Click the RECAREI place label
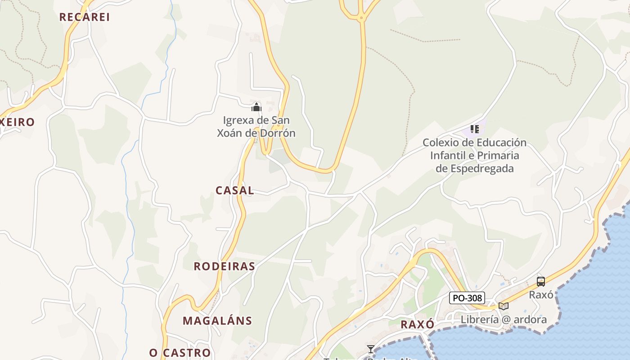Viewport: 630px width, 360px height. [x=85, y=17]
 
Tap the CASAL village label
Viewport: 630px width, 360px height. [x=235, y=190]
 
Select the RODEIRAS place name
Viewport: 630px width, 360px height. [x=225, y=266]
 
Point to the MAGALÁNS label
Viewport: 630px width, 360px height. [x=217, y=321]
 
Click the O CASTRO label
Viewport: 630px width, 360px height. [x=180, y=352]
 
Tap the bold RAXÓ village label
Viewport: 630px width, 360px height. [x=418, y=324]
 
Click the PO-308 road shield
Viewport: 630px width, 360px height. [x=467, y=298]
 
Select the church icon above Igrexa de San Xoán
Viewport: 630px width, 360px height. [x=256, y=107]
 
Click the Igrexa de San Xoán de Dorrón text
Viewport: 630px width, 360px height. [x=256, y=126]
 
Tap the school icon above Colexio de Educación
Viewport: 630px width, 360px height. [x=474, y=130]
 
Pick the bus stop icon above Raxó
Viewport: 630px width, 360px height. [x=541, y=282]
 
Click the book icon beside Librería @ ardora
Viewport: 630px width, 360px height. [x=504, y=306]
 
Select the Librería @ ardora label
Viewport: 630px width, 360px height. [x=504, y=319]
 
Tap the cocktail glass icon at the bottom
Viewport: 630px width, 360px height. [x=370, y=349]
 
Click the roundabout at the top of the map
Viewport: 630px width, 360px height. [x=361, y=18]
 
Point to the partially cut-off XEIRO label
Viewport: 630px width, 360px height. [x=17, y=122]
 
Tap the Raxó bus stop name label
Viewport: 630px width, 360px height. [x=541, y=295]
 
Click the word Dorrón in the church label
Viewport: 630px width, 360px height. [x=279, y=133]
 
